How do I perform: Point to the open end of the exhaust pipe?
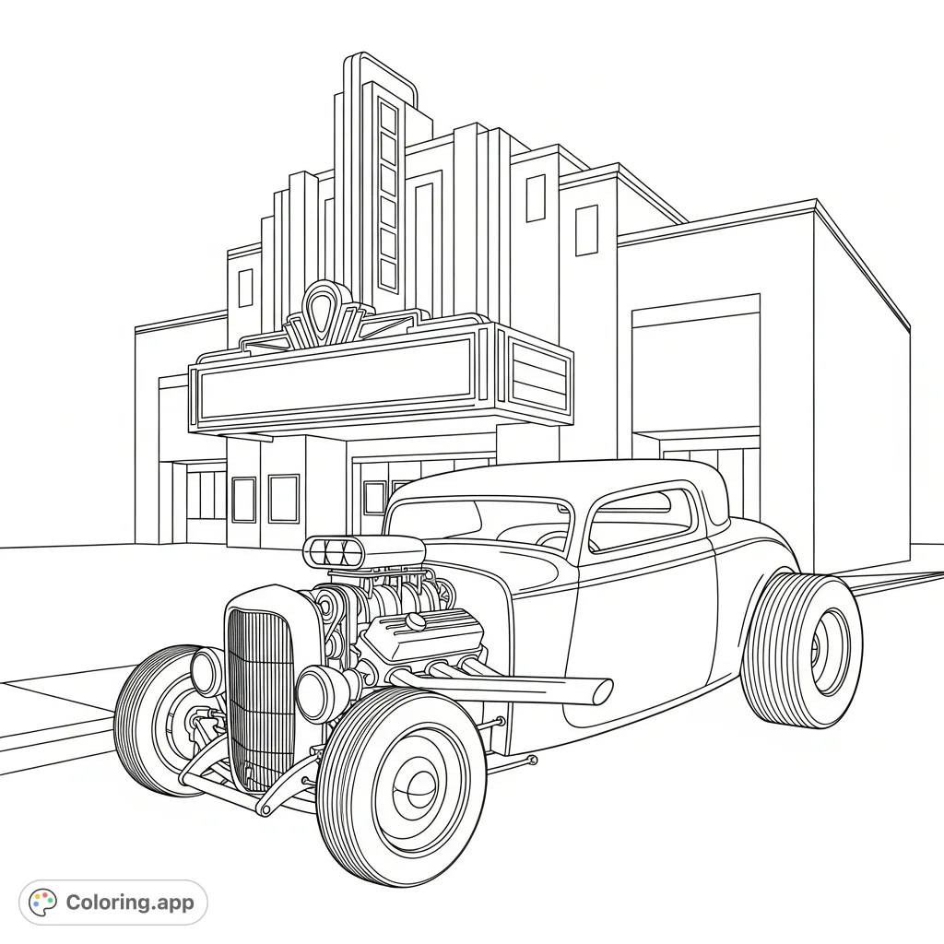pyautogui.click(x=601, y=690)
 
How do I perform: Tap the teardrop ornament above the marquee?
pyautogui.click(x=322, y=303)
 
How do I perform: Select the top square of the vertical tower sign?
pyautogui.click(x=388, y=121)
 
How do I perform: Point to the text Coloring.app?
pyautogui.click(x=130, y=903)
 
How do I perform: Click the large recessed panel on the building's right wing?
pyautogui.click(x=696, y=369)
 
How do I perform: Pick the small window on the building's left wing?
pyautogui.click(x=246, y=289)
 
